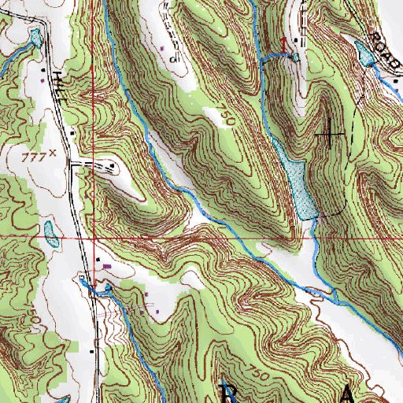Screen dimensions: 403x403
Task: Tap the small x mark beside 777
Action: coord(53,154)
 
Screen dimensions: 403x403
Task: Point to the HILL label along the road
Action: coord(61,84)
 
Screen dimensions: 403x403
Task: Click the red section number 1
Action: coord(285,39)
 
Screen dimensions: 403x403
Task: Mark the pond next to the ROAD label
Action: coord(364,54)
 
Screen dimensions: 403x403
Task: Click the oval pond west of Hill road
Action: coord(50,233)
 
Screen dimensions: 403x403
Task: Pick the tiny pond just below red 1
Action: coord(295,57)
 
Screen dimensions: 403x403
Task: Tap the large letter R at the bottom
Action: coord(229,392)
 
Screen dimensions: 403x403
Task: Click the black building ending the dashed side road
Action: coord(115,166)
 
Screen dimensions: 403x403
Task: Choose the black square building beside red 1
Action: coord(296,40)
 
